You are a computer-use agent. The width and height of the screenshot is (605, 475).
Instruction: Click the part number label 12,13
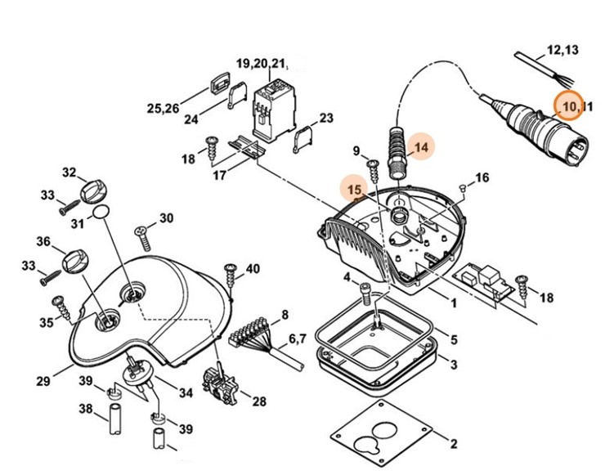pyautogui.click(x=562, y=50)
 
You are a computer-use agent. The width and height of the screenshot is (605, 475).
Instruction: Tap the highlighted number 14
pyautogui.click(x=421, y=147)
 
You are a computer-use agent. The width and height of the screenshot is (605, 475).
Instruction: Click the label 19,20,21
pyautogui.click(x=262, y=64)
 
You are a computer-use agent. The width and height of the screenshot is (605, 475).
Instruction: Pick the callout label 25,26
pyautogui.click(x=162, y=108)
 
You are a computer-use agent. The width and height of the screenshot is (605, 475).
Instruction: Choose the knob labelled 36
pyautogui.click(x=75, y=260)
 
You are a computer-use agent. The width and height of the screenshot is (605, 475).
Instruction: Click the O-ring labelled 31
pyautogui.click(x=100, y=213)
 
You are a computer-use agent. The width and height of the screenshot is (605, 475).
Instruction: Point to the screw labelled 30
pyautogui.click(x=144, y=238)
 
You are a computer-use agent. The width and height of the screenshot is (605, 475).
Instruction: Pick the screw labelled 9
pyautogui.click(x=373, y=171)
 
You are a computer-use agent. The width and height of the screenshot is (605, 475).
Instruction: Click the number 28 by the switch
pyautogui.click(x=259, y=401)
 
